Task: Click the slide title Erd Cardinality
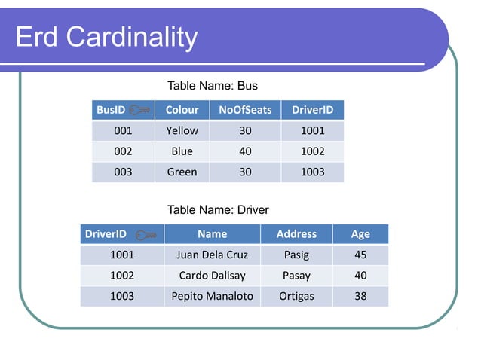point(106,37)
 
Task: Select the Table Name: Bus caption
point(212,86)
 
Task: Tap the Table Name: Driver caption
point(217,209)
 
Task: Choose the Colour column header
point(182,110)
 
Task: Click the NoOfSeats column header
point(245,110)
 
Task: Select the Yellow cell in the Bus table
point(182,130)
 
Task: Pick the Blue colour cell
point(182,151)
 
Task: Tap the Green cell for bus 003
point(182,172)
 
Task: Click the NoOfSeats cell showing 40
point(245,151)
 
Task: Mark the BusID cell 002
point(123,151)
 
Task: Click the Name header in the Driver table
point(212,234)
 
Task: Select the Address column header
point(296,234)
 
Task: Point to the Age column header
point(360,234)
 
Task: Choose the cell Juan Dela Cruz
point(212,255)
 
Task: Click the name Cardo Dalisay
point(212,276)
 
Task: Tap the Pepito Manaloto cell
point(212,296)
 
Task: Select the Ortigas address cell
point(296,296)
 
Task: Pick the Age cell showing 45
point(360,255)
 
